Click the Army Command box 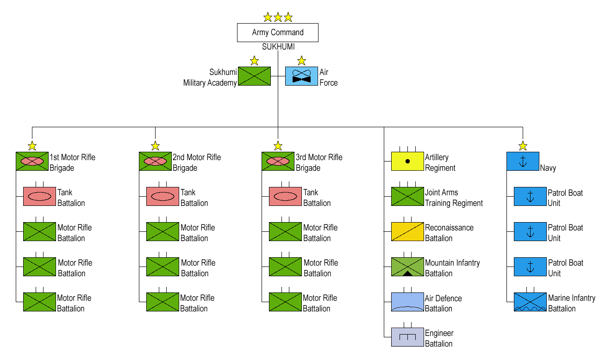tap(278, 32)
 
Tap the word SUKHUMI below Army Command tap(278, 47)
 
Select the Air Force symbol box tap(301, 76)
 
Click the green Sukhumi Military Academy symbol tap(254, 76)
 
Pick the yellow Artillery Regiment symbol tap(407, 161)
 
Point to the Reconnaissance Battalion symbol tap(407, 231)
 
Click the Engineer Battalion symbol tap(407, 337)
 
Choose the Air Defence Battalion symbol tap(407, 302)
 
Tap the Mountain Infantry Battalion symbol tap(407, 267)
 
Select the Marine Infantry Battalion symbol tap(530, 302)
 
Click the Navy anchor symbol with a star tap(523, 161)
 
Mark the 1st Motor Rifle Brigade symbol tap(32, 161)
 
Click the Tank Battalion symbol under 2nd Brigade tap(162, 196)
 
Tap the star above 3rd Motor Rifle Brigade tap(278, 146)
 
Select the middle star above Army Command tap(278, 17)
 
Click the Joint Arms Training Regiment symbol tap(407, 196)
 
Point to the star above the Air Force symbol tap(301, 61)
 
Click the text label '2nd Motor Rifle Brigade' tap(197, 162)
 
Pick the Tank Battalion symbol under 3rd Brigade tap(285, 196)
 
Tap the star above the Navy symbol tap(523, 146)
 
